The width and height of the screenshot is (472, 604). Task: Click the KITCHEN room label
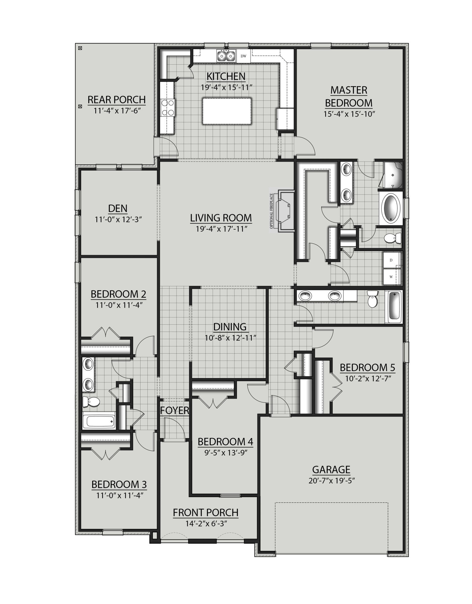pos(226,76)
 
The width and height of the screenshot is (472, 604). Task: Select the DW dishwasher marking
pos(243,56)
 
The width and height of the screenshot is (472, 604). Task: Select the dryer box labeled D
pos(391,260)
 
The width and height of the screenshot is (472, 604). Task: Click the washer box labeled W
pos(391,277)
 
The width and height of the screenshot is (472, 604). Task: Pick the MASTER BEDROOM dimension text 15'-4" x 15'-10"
pos(348,114)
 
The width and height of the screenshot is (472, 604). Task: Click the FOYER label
pos(174,410)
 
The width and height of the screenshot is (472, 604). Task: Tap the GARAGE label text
pos(331,470)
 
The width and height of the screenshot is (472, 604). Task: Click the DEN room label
pos(118,208)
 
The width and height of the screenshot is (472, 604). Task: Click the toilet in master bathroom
pos(392,239)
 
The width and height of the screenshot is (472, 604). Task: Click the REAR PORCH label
pos(117,99)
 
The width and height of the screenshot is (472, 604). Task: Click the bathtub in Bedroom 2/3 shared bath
pos(99,421)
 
